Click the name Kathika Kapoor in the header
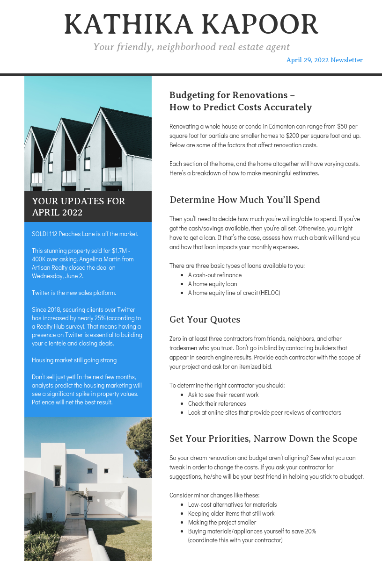(191, 25)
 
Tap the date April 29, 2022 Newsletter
(324, 60)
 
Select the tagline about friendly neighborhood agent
(191, 47)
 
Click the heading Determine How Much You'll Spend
(244, 200)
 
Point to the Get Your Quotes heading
(205, 320)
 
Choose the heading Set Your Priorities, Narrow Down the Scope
(263, 439)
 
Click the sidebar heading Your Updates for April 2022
(79, 207)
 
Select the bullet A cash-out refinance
(215, 275)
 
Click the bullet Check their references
(217, 403)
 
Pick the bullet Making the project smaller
(222, 522)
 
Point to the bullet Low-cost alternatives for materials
(232, 504)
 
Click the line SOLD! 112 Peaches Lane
(85, 234)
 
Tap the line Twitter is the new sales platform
(74, 293)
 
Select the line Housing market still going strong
(74, 360)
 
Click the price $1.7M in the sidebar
(120, 251)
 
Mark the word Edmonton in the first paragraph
(274, 126)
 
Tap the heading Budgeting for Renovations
(232, 95)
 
